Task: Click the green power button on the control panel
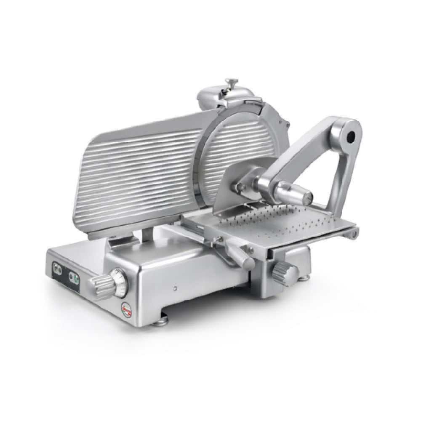(75, 278)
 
